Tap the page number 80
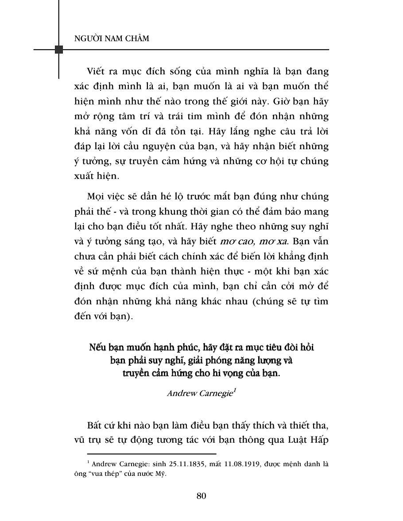click(201, 495)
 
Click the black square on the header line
click(58, 49)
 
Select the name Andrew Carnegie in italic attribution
click(200, 393)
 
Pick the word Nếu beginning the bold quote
click(97, 347)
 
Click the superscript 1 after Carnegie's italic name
click(234, 390)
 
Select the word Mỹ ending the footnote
click(164, 474)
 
